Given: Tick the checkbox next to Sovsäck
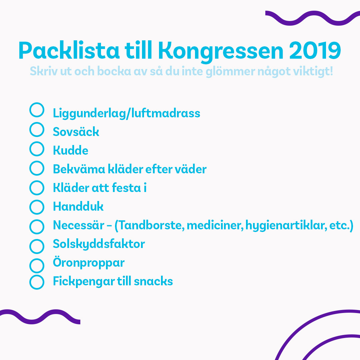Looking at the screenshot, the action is tap(30, 129).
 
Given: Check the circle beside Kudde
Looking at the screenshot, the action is tap(30, 149).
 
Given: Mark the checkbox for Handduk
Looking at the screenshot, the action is tap(30, 207).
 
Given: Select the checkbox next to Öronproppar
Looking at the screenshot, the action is tap(30, 266).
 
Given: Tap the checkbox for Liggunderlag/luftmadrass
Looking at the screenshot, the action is tap(30, 110).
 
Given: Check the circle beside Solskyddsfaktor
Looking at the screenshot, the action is tap(30, 246).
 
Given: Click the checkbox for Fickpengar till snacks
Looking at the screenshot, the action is tap(30, 282).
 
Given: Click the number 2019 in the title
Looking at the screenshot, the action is tap(315, 50).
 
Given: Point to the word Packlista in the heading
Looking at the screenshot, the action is tap(69, 50).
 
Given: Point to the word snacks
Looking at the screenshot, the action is tap(153, 281).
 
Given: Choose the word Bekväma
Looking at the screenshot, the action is tap(79, 169).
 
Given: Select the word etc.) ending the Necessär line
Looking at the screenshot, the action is tap(341, 226).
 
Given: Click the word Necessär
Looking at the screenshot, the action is tap(79, 225).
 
